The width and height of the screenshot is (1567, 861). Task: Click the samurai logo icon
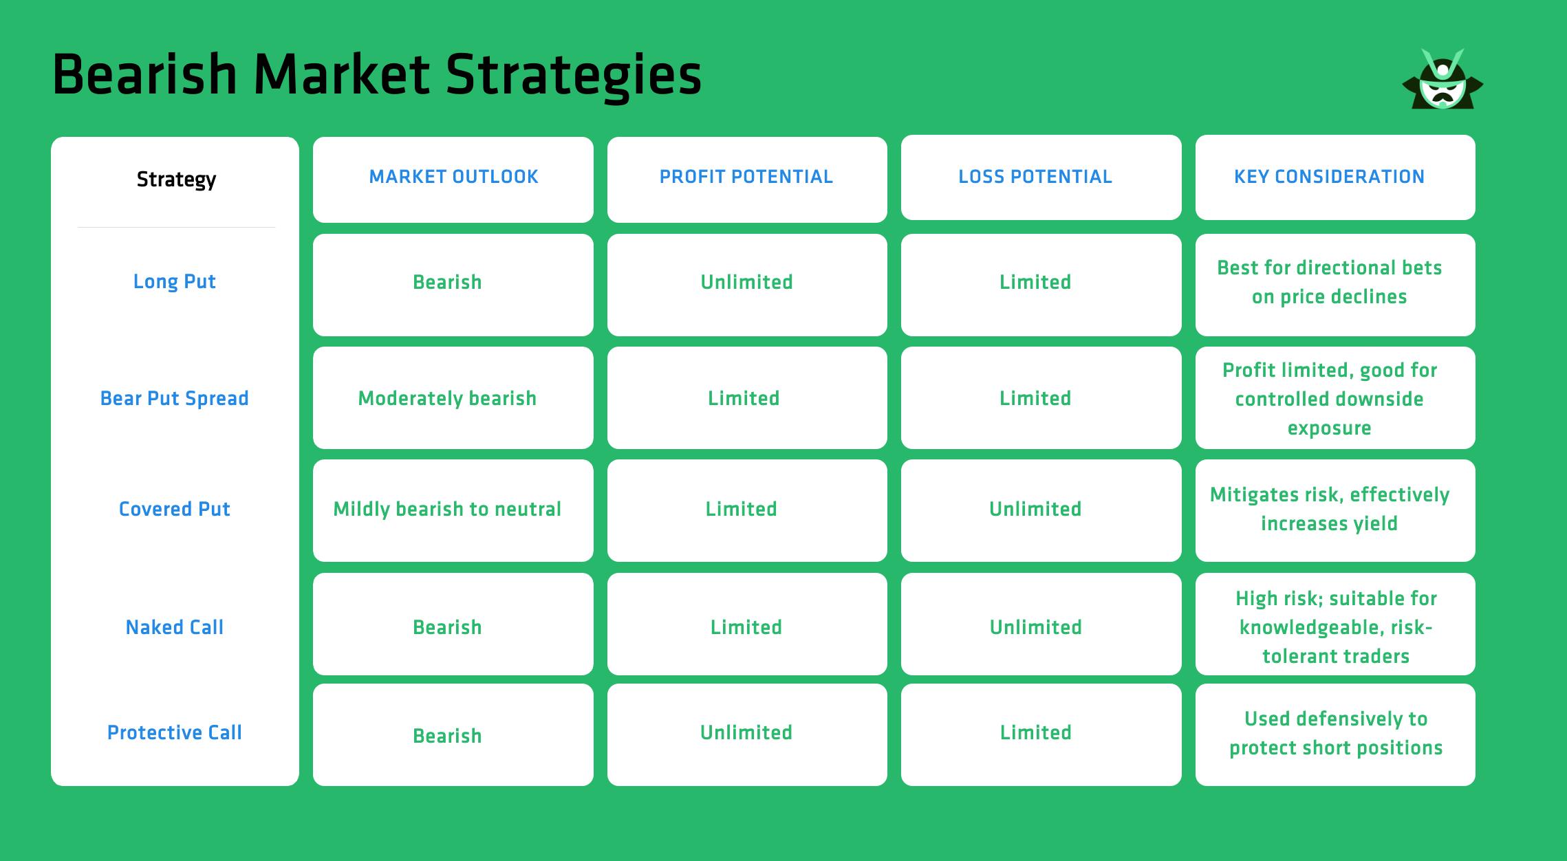pyautogui.click(x=1442, y=81)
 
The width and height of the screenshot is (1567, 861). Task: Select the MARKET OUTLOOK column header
pyautogui.click(x=453, y=177)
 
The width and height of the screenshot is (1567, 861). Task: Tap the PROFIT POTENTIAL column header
pyautogui.click(x=746, y=177)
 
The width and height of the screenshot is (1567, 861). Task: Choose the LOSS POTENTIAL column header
pyautogui.click(x=1035, y=177)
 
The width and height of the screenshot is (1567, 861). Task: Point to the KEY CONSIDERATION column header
pyautogui.click(x=1329, y=177)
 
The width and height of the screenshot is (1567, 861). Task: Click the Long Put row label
pyautogui.click(x=174, y=282)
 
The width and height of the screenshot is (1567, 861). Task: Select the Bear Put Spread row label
pyautogui.click(x=174, y=399)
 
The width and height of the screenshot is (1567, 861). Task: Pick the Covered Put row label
pyautogui.click(x=174, y=510)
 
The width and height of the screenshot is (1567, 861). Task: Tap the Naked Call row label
pyautogui.click(x=174, y=627)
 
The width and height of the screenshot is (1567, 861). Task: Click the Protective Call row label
pyautogui.click(x=174, y=733)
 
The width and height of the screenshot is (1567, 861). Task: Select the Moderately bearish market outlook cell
pyautogui.click(x=447, y=399)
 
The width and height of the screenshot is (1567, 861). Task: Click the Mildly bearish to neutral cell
pyautogui.click(x=447, y=510)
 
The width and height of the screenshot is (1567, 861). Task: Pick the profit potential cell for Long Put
pyautogui.click(x=746, y=283)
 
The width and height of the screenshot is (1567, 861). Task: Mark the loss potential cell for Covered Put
pyautogui.click(x=1035, y=510)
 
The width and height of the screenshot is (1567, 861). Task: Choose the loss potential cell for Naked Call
pyautogui.click(x=1035, y=627)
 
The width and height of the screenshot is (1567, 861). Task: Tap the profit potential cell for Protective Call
pyautogui.click(x=746, y=733)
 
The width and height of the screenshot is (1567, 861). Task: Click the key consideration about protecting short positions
pyautogui.click(x=1336, y=734)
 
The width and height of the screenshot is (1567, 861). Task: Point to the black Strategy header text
pyautogui.click(x=176, y=179)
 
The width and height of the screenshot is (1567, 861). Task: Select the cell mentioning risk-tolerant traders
pyautogui.click(x=1336, y=627)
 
